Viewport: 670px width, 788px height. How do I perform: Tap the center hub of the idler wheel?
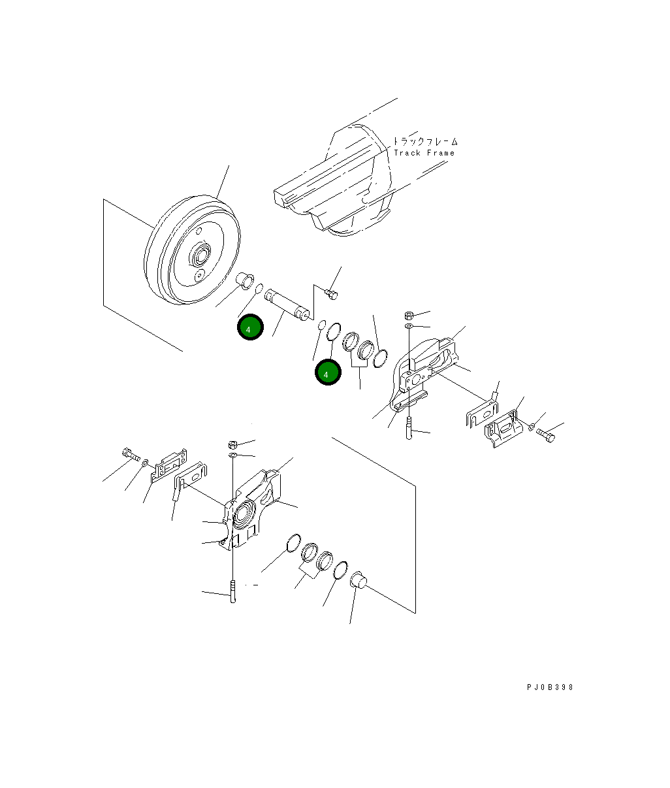coord(200,255)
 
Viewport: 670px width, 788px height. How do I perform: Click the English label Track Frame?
coord(424,153)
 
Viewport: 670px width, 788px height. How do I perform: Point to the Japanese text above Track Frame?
coord(425,141)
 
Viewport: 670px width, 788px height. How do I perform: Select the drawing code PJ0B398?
coord(550,687)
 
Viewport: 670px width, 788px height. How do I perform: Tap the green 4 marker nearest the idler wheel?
coord(249,328)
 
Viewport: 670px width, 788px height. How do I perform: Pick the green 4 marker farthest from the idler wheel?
coord(327,372)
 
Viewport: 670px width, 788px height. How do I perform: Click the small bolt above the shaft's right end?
coord(331,295)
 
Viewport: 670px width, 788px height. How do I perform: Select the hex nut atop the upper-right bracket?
coord(409,315)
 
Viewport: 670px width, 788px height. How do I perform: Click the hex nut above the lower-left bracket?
coord(233,444)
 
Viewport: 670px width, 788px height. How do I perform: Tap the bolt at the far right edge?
coord(546,434)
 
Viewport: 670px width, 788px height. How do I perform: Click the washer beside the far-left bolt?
coord(145,463)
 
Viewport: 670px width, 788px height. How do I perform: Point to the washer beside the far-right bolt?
coord(532,427)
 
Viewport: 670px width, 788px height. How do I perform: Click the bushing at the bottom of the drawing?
coord(359,580)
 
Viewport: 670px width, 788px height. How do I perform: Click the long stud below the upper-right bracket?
coord(409,428)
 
